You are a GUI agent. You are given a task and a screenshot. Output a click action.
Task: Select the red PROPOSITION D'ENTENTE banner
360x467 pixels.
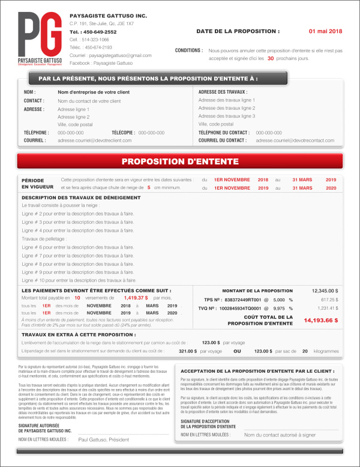(180, 161)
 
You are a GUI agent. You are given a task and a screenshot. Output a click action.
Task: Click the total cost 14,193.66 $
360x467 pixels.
(321, 321)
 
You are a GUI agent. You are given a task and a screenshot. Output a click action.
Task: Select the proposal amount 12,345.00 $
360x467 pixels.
(325, 291)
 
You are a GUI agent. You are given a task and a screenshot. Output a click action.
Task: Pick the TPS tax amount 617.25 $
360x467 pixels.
(329, 299)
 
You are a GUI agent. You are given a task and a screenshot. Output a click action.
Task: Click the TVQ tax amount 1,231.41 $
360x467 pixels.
(328, 308)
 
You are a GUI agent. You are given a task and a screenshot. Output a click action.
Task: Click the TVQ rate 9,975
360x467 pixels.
(278, 308)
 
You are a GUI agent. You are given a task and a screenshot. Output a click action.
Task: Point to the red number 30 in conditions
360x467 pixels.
(271, 59)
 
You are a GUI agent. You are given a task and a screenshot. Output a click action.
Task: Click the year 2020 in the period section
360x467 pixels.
(331, 187)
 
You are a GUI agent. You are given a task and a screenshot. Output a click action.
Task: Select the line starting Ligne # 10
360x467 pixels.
(79, 280)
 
